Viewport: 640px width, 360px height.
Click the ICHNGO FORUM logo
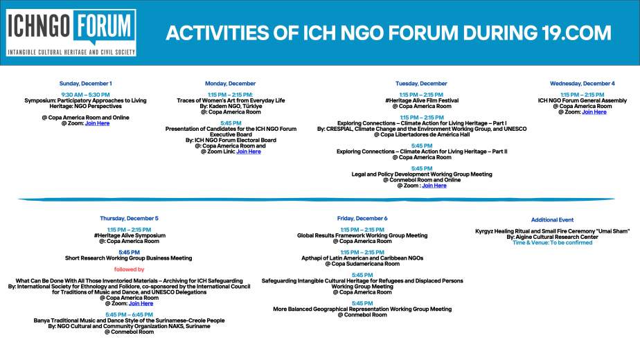pyautogui.click(x=71, y=33)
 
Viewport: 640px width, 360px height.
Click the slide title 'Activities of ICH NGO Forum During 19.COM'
pyautogui.click(x=389, y=33)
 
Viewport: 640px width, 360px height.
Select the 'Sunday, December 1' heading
pyautogui.click(x=85, y=84)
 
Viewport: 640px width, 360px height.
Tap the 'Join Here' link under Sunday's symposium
pyautogui.click(x=97, y=123)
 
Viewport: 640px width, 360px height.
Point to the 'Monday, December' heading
pyautogui.click(x=230, y=84)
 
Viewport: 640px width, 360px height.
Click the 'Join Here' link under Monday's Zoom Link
pyautogui.click(x=249, y=152)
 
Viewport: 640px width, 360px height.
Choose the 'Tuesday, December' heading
pyautogui.click(x=421, y=84)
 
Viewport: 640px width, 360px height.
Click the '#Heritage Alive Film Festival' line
pyautogui.click(x=422, y=100)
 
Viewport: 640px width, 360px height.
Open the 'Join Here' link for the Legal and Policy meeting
pyautogui.click(x=434, y=186)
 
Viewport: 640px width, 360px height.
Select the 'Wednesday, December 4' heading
pyautogui.click(x=582, y=84)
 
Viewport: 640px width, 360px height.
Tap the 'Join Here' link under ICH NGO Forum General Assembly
pyautogui.click(x=594, y=112)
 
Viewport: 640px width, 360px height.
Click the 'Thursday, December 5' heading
pyautogui.click(x=129, y=218)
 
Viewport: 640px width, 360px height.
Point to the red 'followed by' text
pyautogui.click(x=129, y=269)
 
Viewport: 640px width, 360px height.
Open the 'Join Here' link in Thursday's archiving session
pyautogui.click(x=141, y=303)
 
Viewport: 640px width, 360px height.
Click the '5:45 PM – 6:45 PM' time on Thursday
pyautogui.click(x=129, y=315)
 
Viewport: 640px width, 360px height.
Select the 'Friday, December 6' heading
pyautogui.click(x=362, y=218)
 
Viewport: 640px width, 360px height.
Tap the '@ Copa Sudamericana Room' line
pyautogui.click(x=362, y=264)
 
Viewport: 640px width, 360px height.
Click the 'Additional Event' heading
pyautogui.click(x=552, y=219)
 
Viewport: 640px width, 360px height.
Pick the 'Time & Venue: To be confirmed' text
pyautogui.click(x=552, y=242)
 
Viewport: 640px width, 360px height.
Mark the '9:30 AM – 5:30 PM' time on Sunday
pyautogui.click(x=85, y=95)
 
